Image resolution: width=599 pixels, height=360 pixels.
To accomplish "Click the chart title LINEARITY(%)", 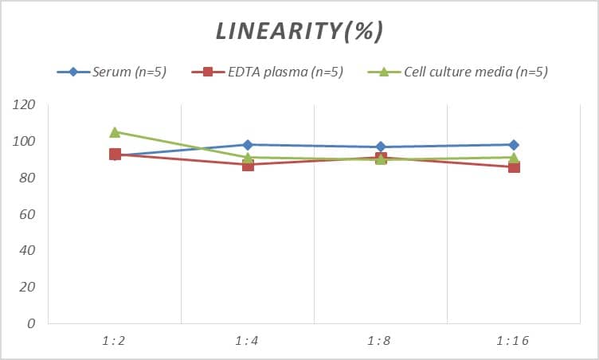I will pos(299,31).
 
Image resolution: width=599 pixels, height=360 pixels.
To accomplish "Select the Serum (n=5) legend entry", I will pos(120,72).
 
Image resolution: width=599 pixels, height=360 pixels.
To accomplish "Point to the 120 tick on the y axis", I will pos(25,105).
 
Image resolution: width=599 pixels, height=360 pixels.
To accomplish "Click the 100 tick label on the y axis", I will pos(25,142).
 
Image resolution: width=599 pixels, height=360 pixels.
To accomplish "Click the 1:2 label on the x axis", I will pos(114,341).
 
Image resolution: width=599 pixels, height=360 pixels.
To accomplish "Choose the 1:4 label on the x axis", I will pos(248,341).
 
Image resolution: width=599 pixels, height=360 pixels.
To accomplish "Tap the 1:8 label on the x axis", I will pos(381,341).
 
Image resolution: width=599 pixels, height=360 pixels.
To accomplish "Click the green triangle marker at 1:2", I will pos(115,132).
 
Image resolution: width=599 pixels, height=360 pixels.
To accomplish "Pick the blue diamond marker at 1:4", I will pos(248,145).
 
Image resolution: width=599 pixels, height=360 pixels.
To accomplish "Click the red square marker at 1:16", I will pos(514,167).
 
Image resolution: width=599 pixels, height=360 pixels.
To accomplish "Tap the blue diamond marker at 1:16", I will pos(514,145).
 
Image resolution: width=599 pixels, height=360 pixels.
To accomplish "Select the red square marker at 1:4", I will pos(248,165).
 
